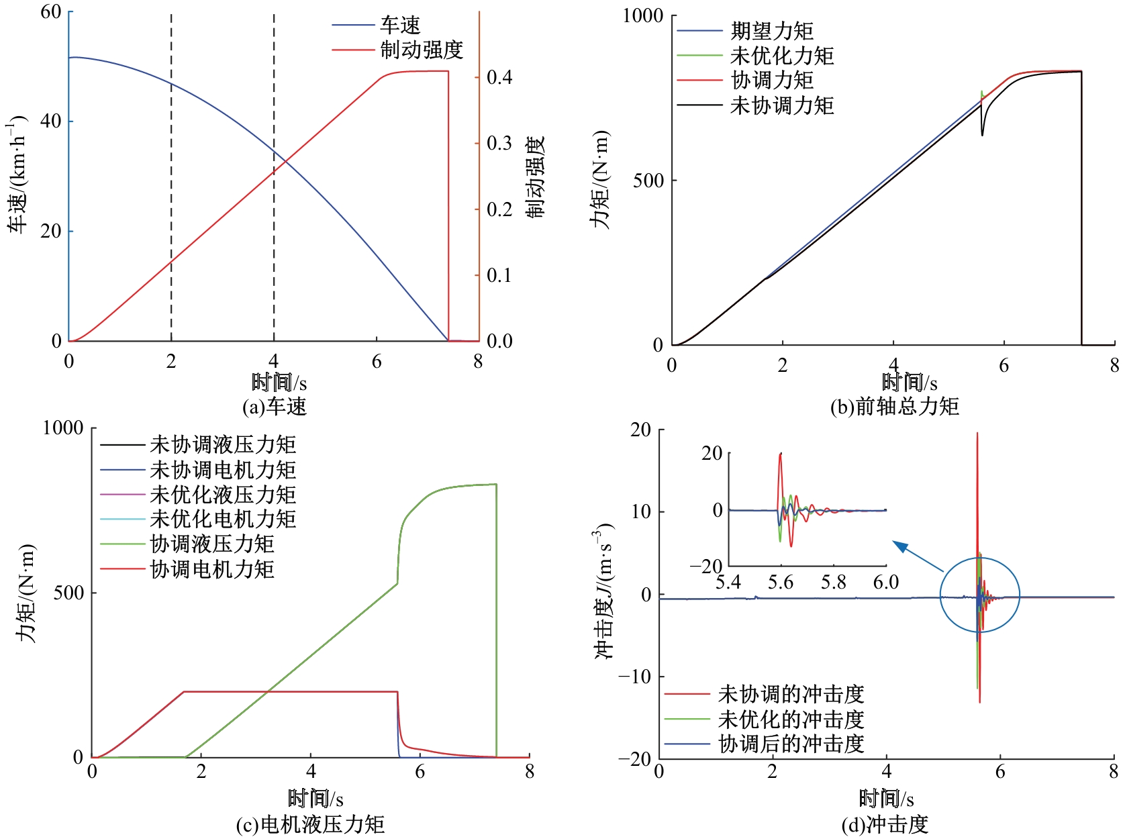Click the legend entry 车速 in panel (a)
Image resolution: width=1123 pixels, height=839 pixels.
tap(400, 26)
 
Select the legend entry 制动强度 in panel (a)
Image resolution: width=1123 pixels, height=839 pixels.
tap(422, 50)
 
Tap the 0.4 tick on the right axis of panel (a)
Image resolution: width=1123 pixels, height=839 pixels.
tap(499, 78)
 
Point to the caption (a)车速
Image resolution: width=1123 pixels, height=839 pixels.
tap(274, 407)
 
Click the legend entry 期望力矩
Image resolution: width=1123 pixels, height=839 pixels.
tap(772, 31)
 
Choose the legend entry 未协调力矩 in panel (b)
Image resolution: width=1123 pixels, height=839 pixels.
tap(782, 105)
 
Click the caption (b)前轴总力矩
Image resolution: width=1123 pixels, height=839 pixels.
tap(894, 407)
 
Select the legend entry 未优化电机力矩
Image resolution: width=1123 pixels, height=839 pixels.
tap(223, 519)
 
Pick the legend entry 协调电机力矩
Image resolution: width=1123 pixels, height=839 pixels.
tap(212, 569)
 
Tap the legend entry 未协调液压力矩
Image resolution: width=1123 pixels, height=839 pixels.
tap(223, 444)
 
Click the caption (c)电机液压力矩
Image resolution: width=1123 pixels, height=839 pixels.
tap(310, 824)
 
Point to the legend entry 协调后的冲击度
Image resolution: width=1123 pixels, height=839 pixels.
tap(791, 744)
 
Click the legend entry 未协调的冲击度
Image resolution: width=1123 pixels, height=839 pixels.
tap(791, 693)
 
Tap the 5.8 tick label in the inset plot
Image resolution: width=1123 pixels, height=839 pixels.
tap(833, 582)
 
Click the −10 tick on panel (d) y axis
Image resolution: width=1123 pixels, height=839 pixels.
tap(634, 677)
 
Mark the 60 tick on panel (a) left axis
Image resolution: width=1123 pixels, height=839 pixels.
tap(51, 12)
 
